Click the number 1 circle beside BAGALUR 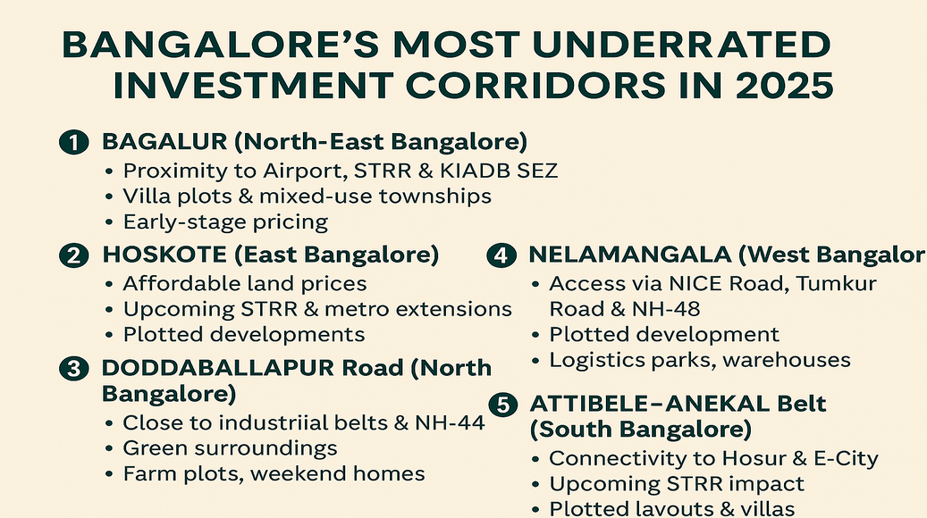[x=74, y=142]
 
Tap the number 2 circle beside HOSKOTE [x=74, y=255]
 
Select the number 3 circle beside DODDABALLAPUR [x=74, y=369]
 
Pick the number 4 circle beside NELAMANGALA [x=501, y=255]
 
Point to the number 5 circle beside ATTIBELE [x=503, y=405]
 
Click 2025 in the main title [x=784, y=86]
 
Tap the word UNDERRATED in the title [x=681, y=45]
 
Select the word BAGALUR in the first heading [x=164, y=142]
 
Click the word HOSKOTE [x=164, y=255]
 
